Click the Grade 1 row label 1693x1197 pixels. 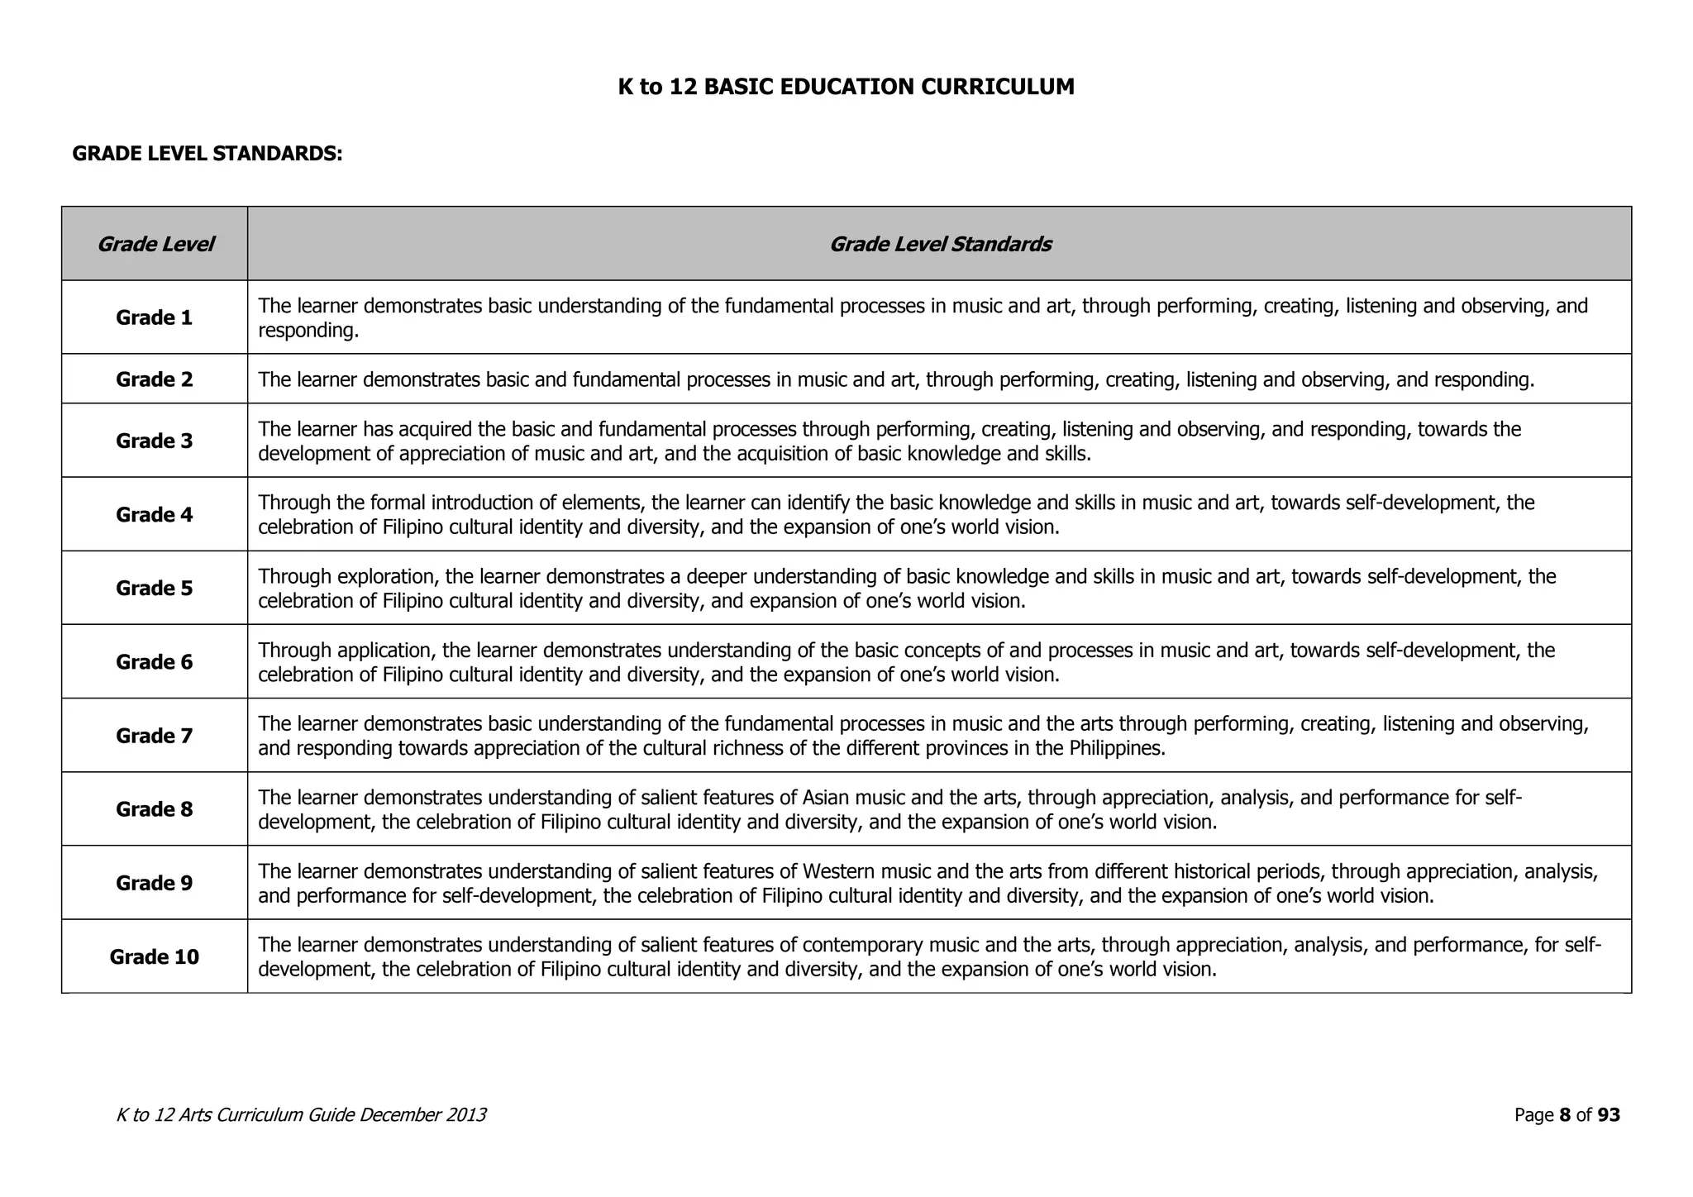pos(154,317)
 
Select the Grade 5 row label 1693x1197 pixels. pos(154,588)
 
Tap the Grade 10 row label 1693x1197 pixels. pos(154,956)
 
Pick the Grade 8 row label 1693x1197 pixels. pos(154,809)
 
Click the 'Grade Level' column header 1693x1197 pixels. pos(155,244)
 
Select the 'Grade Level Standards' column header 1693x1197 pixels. pos(939,244)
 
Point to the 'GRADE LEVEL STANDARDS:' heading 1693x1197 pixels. pos(207,154)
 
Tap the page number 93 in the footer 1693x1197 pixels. pos(1608,1115)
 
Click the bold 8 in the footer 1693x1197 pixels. pos(1564,1115)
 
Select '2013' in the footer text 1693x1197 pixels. pos(465,1115)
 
